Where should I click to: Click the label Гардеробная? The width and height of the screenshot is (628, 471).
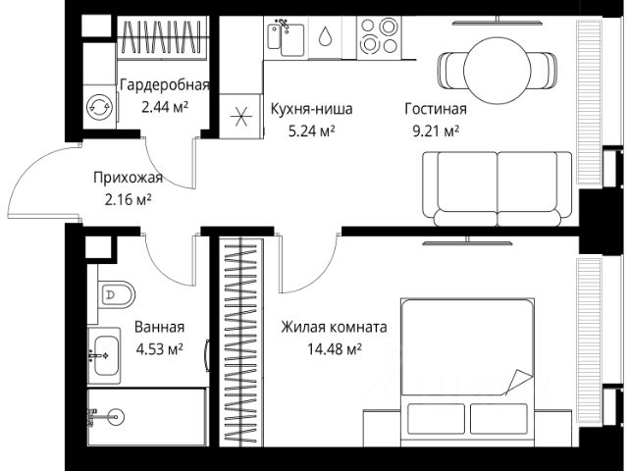pyautogui.click(x=165, y=85)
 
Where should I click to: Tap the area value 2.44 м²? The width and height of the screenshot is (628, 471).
pyautogui.click(x=165, y=107)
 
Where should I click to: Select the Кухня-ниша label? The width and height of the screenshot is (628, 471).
pyautogui.click(x=312, y=109)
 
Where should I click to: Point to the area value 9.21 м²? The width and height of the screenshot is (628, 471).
pyautogui.click(x=436, y=131)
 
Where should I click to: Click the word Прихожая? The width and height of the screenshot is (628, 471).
pyautogui.click(x=129, y=178)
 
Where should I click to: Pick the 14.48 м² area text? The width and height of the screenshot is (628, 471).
pyautogui.click(x=335, y=349)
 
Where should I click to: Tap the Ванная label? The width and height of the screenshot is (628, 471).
pyautogui.click(x=159, y=327)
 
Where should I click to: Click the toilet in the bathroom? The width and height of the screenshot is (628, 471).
pyautogui.click(x=116, y=295)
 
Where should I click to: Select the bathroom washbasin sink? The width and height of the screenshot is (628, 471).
pyautogui.click(x=106, y=355)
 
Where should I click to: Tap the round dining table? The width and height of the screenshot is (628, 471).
pyautogui.click(x=497, y=71)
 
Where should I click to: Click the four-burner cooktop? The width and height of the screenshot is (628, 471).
pyautogui.click(x=379, y=37)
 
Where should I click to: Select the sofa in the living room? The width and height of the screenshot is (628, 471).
pyautogui.click(x=497, y=188)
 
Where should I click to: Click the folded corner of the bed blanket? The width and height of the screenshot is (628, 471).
pyautogui.click(x=520, y=381)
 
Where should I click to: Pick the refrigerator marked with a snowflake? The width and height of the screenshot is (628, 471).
pyautogui.click(x=240, y=116)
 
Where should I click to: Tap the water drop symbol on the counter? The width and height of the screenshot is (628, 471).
pyautogui.click(x=325, y=36)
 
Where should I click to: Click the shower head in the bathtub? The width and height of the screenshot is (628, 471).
pyautogui.click(x=117, y=416)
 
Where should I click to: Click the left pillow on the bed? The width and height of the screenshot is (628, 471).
pyautogui.click(x=436, y=419)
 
